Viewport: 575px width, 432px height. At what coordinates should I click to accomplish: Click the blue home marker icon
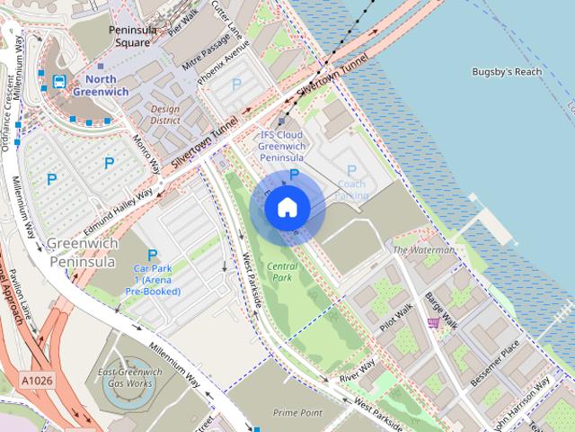[287, 207]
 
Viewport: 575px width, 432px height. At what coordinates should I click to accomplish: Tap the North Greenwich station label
[101, 85]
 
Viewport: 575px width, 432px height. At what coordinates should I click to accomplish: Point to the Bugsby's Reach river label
[506, 71]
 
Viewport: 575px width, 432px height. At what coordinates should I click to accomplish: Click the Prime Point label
[297, 412]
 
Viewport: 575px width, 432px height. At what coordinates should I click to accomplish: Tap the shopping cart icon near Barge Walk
[433, 322]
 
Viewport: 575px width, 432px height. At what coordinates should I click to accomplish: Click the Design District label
[165, 114]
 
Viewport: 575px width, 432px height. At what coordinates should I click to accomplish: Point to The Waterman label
[423, 250]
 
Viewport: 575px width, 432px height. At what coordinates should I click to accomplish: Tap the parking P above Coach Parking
[351, 170]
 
